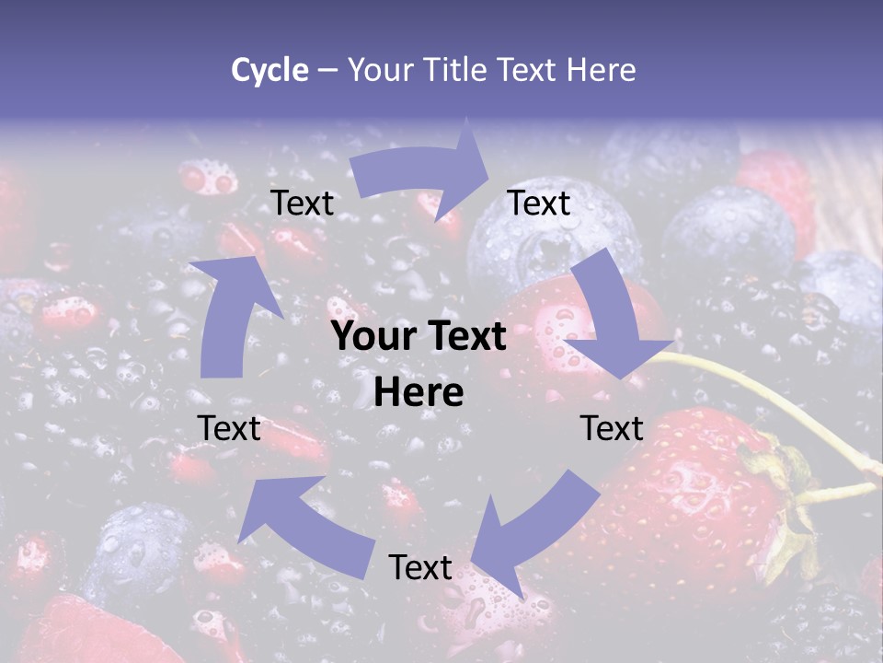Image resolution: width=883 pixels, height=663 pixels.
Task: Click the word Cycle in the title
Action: pyautogui.click(x=269, y=70)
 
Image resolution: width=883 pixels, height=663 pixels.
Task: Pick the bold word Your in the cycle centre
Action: pyautogui.click(x=370, y=337)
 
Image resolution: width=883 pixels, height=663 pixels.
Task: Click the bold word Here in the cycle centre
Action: pyautogui.click(x=419, y=393)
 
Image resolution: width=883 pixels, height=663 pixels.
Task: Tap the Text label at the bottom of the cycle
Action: pyautogui.click(x=420, y=567)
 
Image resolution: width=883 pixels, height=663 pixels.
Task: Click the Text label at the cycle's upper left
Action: pyautogui.click(x=303, y=204)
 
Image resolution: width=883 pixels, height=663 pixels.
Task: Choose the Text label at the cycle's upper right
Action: pyautogui.click(x=539, y=204)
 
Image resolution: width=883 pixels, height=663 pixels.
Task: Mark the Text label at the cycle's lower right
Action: pyautogui.click(x=612, y=428)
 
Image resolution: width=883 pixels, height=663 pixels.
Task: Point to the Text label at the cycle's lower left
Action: pyautogui.click(x=229, y=428)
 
